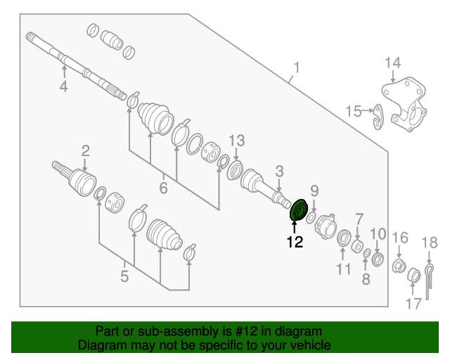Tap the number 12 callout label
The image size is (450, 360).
click(x=294, y=243)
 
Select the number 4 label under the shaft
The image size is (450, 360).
click(x=63, y=86)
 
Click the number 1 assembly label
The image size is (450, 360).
click(x=297, y=67)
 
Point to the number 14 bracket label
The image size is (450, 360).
click(x=392, y=65)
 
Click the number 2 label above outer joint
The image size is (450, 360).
click(x=85, y=150)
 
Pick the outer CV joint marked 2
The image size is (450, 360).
click(x=79, y=181)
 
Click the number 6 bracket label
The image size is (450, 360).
click(x=163, y=188)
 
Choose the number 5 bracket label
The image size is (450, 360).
click(x=124, y=276)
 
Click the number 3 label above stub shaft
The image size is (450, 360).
click(x=279, y=170)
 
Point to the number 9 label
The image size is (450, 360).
click(x=314, y=190)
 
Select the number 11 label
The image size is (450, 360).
click(x=342, y=269)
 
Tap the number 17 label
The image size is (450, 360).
click(x=413, y=303)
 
